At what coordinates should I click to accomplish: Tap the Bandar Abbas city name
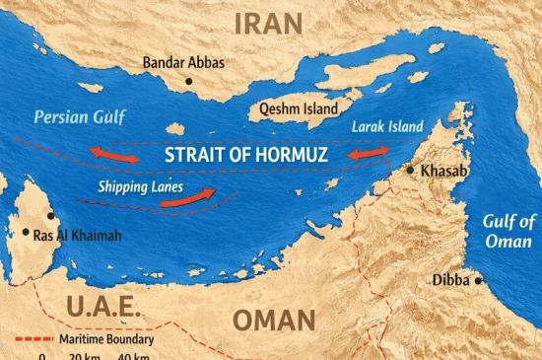183,63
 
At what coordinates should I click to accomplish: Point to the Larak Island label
387,126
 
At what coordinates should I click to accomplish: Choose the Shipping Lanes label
134,183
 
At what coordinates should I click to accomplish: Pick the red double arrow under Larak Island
367,155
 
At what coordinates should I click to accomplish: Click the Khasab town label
442,172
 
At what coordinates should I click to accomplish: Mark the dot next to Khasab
411,171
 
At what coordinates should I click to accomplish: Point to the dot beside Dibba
481,280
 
